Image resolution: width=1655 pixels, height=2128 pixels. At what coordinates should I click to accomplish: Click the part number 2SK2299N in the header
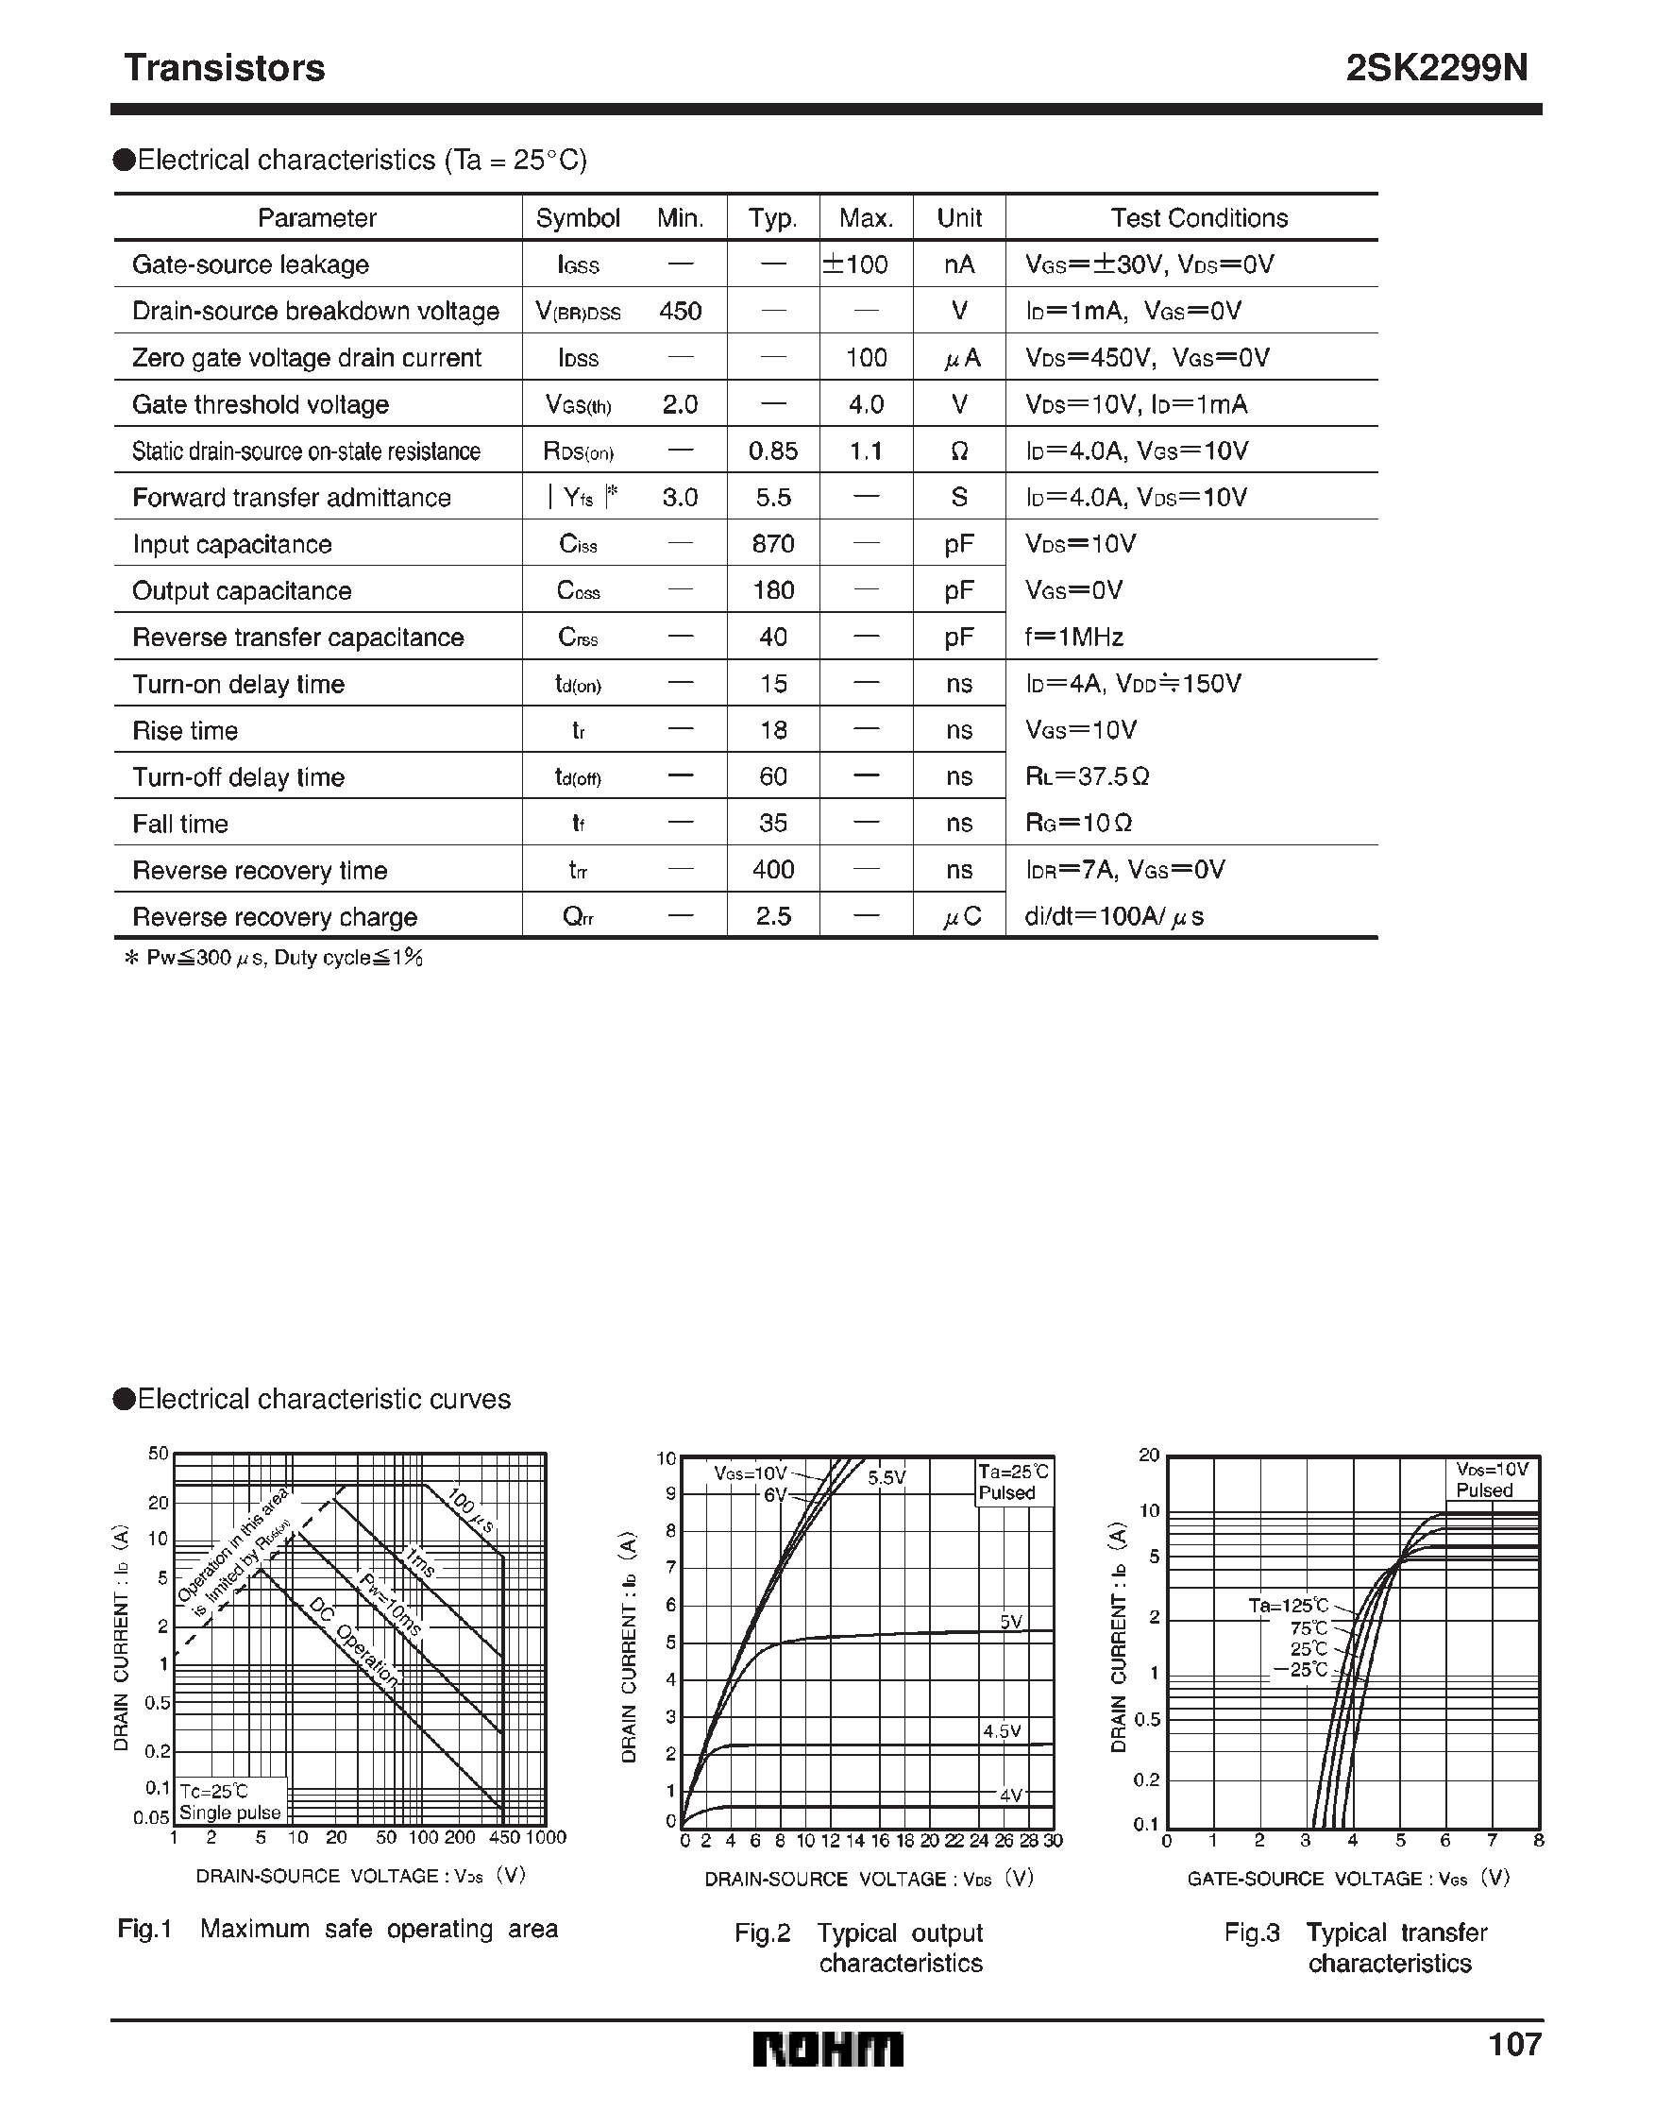[x=1437, y=68]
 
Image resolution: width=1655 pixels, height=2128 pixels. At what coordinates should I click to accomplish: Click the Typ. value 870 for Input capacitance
[x=772, y=544]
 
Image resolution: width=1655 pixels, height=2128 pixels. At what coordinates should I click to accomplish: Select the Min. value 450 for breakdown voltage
[x=680, y=311]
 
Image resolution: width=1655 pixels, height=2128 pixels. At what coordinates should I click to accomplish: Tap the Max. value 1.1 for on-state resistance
[x=865, y=451]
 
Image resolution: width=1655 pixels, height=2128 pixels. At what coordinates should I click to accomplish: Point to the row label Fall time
[x=180, y=825]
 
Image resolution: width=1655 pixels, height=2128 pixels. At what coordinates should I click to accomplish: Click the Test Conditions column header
[x=1199, y=218]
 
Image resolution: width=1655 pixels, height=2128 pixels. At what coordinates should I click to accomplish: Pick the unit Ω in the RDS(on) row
[x=958, y=451]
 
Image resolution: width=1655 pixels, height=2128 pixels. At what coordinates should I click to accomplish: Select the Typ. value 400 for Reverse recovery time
[x=772, y=869]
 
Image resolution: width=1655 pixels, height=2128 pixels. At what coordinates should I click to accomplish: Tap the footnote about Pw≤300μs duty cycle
[x=274, y=958]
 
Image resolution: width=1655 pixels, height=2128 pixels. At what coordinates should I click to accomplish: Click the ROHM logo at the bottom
[x=828, y=2050]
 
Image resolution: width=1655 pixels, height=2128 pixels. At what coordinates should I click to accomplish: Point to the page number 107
[x=1514, y=2044]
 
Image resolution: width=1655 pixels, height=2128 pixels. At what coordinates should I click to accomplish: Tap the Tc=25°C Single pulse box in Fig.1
[x=231, y=1802]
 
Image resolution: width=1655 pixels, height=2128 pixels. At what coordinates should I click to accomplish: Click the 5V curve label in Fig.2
[x=1010, y=1623]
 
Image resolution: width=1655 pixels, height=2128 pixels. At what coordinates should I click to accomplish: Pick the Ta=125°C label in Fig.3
[x=1288, y=1605]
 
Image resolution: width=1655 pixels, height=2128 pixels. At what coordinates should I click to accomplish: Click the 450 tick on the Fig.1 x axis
[x=504, y=1838]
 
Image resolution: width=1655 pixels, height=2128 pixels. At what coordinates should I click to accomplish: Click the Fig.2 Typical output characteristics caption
[x=859, y=1948]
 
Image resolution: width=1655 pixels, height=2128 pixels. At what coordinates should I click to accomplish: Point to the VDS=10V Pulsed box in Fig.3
[x=1491, y=1479]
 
